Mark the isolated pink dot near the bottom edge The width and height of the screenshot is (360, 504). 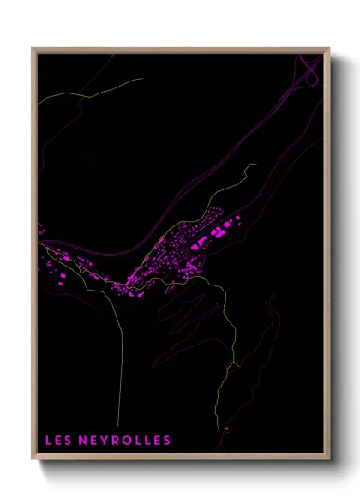tap(226, 429)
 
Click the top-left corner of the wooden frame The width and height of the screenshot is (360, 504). tap(33, 49)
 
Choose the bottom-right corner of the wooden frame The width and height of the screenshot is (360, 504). tap(328, 460)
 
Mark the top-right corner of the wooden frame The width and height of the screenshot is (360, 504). tap(328, 49)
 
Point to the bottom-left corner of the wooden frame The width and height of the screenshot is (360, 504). tap(33, 460)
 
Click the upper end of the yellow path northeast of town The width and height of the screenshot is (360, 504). tap(255, 164)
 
